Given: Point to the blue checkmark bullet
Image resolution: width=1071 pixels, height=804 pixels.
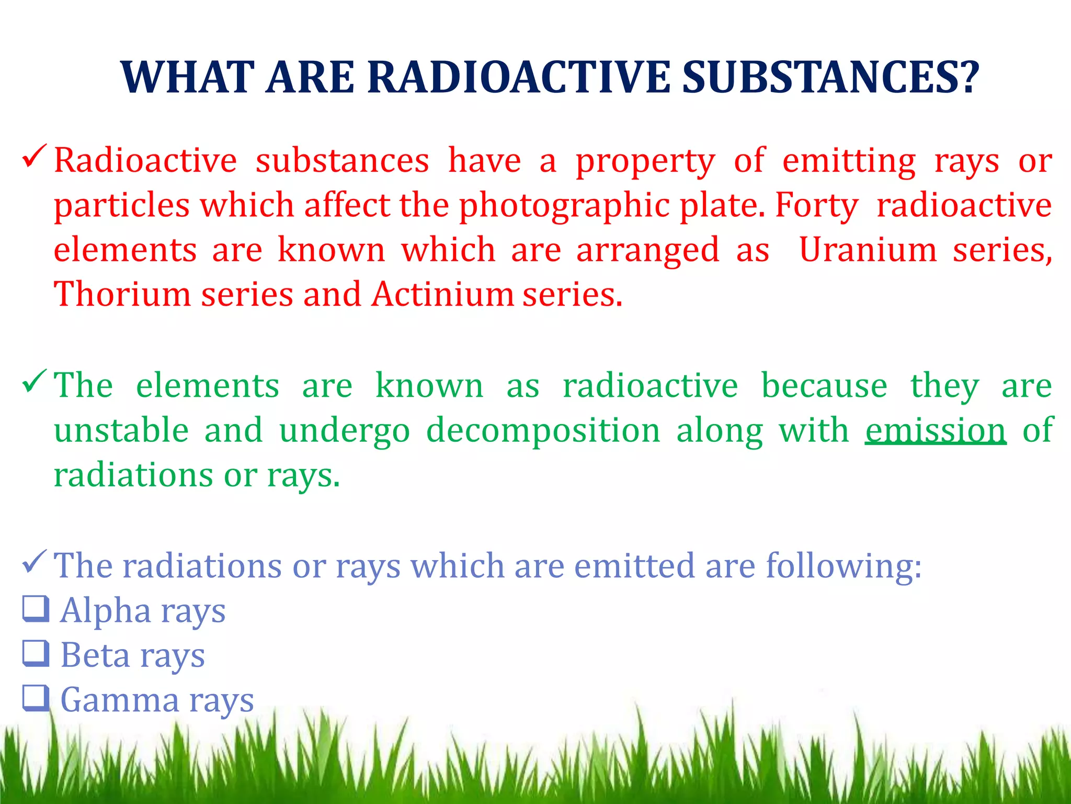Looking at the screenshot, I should coord(35,562).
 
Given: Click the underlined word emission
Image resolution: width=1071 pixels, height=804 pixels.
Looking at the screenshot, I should coord(936,431).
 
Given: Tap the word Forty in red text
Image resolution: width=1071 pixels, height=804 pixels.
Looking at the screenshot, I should coord(816,206).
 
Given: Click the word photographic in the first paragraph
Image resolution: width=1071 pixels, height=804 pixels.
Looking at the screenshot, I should coord(564,206).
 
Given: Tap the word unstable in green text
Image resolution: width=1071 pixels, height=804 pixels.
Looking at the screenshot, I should coord(121,431).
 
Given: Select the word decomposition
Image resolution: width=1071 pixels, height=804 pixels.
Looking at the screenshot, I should coord(543,431).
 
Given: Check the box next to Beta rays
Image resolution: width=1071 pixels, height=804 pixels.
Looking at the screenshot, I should coord(36,654).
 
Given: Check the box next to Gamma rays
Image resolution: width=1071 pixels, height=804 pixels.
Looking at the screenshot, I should coord(36,699).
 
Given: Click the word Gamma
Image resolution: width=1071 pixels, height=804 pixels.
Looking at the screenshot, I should coord(120,700).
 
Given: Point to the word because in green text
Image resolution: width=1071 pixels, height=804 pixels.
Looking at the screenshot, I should coord(824,386).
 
